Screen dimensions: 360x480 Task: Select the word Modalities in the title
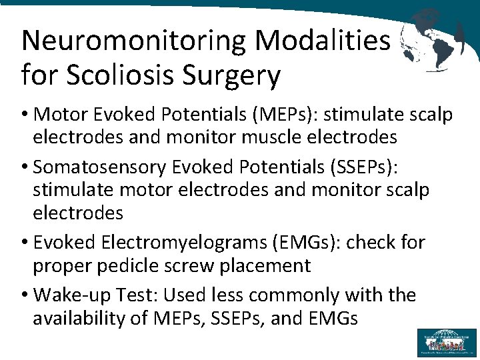click(322, 41)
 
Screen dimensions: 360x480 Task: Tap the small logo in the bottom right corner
click(447, 342)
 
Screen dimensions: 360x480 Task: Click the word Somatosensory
click(102, 168)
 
